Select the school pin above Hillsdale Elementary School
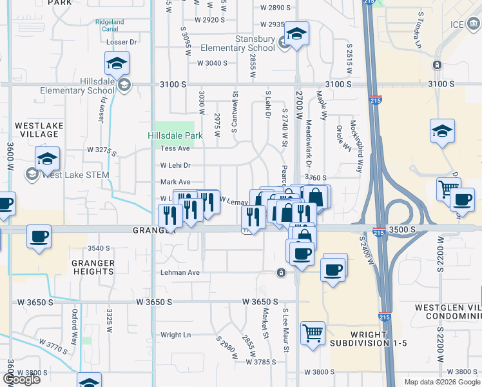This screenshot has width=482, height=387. (117, 64)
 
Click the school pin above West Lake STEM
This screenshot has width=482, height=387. (47, 159)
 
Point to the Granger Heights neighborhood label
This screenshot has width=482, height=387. (93, 267)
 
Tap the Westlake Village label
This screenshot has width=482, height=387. (37, 129)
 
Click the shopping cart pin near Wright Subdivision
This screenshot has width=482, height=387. (313, 333)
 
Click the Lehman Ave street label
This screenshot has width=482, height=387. (180, 273)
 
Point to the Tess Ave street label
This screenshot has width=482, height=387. (175, 148)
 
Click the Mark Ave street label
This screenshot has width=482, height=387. (175, 182)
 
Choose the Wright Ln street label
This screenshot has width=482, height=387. (176, 335)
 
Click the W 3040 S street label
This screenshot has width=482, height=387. (213, 63)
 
